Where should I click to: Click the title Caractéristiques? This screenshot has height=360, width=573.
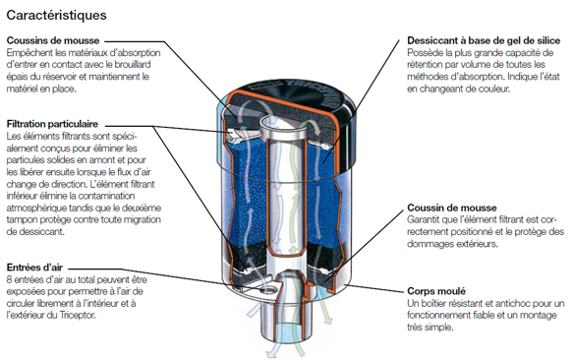point(57,16)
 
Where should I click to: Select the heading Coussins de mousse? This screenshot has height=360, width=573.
point(53,40)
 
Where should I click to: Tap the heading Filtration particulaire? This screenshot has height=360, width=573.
point(52,124)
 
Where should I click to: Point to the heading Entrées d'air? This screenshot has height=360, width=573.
point(34,268)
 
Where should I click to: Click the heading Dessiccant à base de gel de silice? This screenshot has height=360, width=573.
point(484,40)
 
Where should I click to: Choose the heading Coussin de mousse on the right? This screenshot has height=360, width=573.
point(452,208)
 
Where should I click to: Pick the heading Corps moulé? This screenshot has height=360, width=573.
point(436,291)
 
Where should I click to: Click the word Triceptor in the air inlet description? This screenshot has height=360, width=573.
point(77,315)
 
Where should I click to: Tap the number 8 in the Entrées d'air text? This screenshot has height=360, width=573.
point(9,280)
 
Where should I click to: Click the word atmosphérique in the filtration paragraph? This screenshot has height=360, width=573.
point(31,209)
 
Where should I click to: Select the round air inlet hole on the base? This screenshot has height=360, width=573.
point(268,290)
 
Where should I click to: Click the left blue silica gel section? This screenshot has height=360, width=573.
point(248,193)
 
